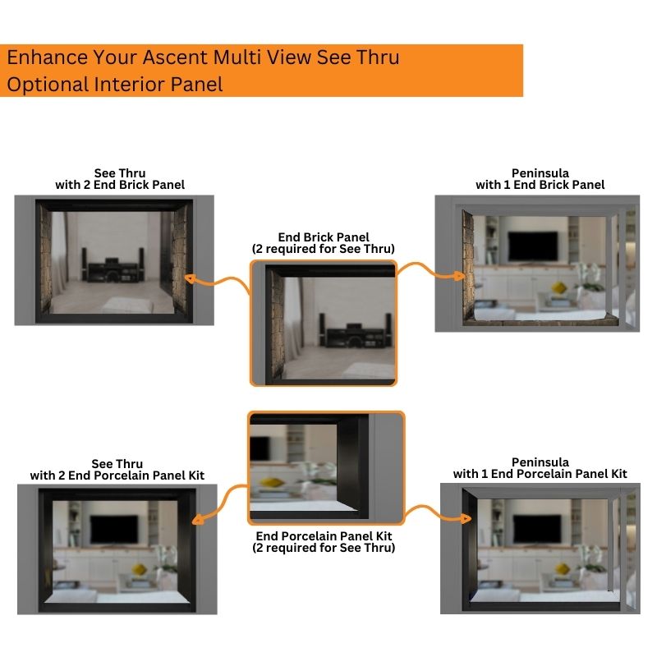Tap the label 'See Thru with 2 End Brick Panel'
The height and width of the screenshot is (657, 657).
pos(120,178)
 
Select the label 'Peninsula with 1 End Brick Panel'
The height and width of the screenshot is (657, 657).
pos(540,178)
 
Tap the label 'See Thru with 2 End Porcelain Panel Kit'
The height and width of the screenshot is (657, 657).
pos(117,469)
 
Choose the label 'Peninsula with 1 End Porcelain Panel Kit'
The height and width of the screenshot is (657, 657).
pos(540,468)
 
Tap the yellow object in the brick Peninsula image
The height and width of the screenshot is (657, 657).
pos(558,287)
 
